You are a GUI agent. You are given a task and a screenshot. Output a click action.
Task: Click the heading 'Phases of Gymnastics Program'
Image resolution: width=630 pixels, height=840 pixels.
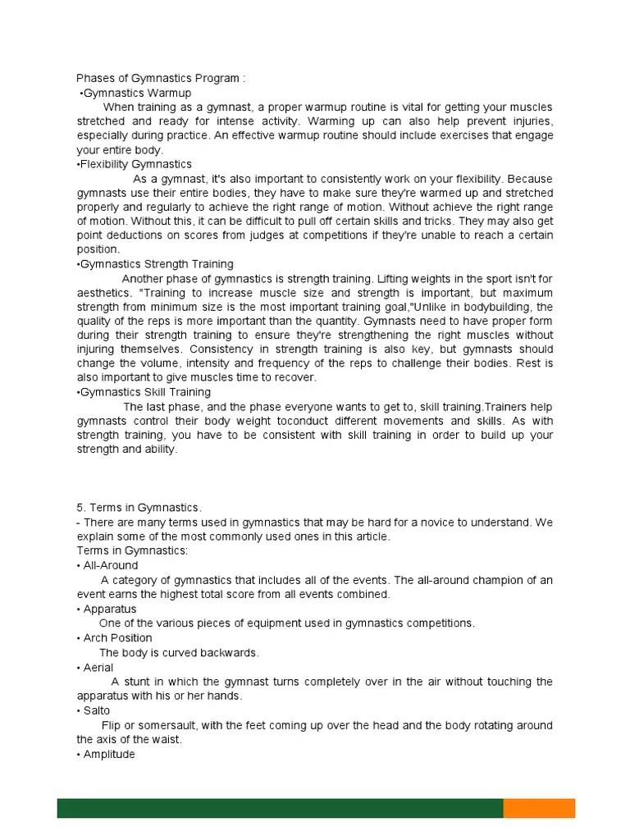click(x=161, y=79)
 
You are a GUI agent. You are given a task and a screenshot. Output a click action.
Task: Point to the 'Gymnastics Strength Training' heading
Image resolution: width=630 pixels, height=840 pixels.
click(x=155, y=264)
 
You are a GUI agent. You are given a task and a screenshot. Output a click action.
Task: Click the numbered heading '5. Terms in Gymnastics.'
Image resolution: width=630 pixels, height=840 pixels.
click(x=139, y=508)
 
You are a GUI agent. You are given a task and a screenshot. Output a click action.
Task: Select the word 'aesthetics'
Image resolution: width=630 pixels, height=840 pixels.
click(x=103, y=293)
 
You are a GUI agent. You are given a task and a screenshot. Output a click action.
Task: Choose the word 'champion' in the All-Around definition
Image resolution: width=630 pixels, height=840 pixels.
click(x=489, y=580)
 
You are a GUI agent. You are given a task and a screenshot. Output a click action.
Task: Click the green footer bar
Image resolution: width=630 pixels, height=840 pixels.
click(x=279, y=807)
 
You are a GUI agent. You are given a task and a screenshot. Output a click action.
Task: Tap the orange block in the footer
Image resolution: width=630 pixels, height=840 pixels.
click(x=539, y=807)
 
